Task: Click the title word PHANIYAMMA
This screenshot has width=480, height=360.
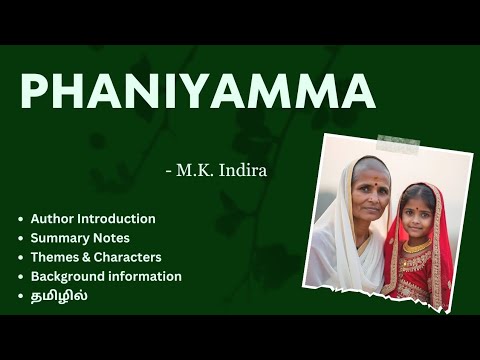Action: (x=198, y=92)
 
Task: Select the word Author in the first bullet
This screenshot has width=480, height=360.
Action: (x=50, y=218)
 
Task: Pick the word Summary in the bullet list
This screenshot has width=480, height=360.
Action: (x=57, y=238)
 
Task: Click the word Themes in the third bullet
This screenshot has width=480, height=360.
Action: (x=53, y=257)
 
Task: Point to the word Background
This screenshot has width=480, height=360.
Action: (x=68, y=276)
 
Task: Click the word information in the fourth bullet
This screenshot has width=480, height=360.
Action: (x=146, y=276)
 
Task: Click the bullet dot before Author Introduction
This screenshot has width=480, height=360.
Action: (x=21, y=219)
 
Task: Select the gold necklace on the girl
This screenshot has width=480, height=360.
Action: (x=418, y=246)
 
